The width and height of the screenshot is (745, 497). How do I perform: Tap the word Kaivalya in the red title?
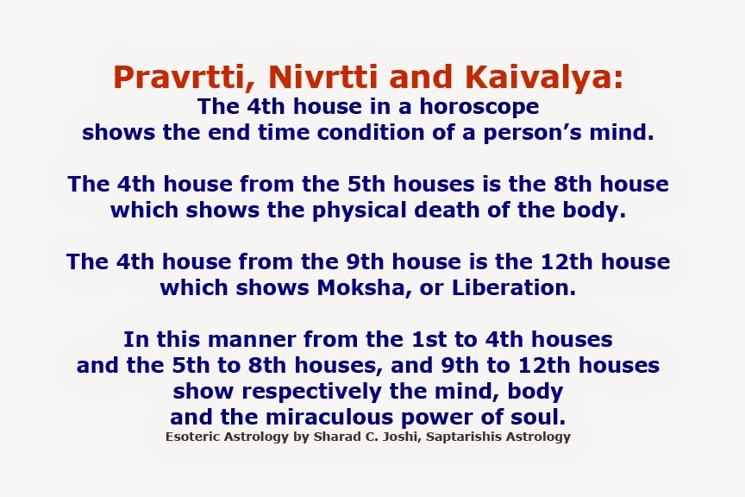click(542, 79)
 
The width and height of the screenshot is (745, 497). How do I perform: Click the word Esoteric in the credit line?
click(194, 437)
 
